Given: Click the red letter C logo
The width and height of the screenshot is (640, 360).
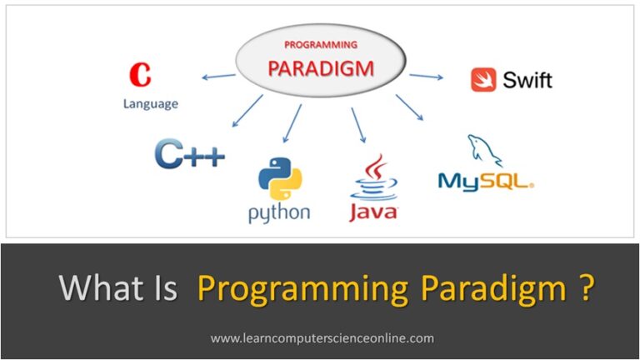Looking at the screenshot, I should pyautogui.click(x=140, y=75).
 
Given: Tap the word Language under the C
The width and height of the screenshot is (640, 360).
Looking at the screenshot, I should pyautogui.click(x=151, y=103).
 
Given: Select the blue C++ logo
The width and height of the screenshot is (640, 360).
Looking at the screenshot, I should pyautogui.click(x=189, y=154).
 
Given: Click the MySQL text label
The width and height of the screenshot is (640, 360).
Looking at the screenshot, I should pyautogui.click(x=485, y=181).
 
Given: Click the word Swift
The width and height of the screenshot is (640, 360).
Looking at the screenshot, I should pyautogui.click(x=527, y=80).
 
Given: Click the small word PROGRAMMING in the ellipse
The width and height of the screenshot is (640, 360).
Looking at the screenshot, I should pyautogui.click(x=321, y=44).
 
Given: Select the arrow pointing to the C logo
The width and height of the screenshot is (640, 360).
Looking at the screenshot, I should pyautogui.click(x=218, y=77).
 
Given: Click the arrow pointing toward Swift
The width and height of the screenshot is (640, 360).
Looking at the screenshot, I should pyautogui.click(x=426, y=76).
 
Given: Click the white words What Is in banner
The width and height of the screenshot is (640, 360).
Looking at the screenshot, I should pyautogui.click(x=117, y=289).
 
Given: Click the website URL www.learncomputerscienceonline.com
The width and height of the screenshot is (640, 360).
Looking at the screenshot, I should pyautogui.click(x=322, y=338).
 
